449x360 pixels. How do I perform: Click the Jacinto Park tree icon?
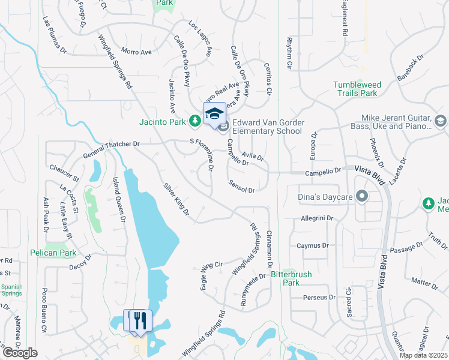pos(195,122)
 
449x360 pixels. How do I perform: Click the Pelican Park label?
pos(54,253)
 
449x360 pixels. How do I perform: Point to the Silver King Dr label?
pos(176,199)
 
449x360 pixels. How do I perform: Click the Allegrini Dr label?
pos(316,219)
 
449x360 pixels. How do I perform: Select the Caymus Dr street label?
pos(313,245)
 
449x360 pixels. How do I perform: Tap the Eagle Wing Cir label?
pos(211,273)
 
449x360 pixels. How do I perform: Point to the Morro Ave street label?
pos(136,52)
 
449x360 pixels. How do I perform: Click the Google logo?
pos(20,353)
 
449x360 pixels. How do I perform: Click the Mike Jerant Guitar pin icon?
pos(439,122)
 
